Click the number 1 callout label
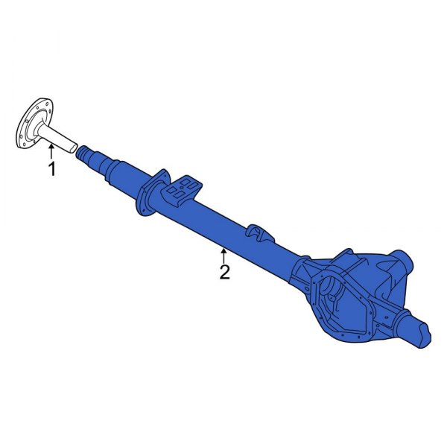pos(51,170)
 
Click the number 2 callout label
pos(224,272)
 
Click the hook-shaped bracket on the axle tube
pos(257,232)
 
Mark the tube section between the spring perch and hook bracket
pos(220,223)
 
